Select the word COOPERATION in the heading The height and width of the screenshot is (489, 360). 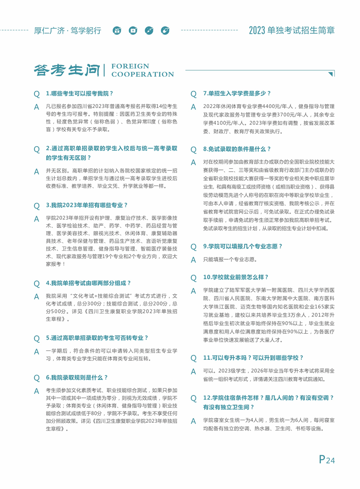[x=143, y=74]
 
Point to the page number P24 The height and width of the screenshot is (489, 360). [x=326, y=459]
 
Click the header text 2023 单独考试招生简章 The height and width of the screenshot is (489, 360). [x=292, y=31]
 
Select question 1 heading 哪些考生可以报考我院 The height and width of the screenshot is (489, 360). [x=80, y=94]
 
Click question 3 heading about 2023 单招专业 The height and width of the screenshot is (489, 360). [x=87, y=205]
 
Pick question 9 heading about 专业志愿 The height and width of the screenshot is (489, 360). [x=243, y=246]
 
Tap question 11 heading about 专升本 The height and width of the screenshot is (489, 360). [x=253, y=358]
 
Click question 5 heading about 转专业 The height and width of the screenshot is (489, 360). [x=97, y=338]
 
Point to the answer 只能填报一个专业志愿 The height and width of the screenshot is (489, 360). [x=230, y=260]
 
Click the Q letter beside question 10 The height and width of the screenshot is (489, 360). [x=193, y=277]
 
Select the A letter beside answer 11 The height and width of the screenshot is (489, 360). [x=193, y=372]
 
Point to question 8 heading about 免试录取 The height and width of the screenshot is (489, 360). [x=237, y=149]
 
